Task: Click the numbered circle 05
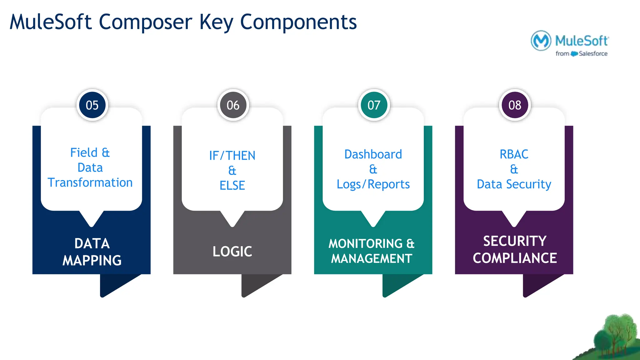92,105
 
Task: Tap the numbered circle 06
233,105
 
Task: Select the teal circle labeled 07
374,105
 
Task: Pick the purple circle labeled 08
515,105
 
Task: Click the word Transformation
90,182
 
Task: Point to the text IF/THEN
232,155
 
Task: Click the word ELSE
232,185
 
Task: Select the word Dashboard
373,154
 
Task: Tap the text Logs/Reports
373,184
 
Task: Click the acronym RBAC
514,154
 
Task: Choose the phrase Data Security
514,184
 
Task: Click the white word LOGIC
232,252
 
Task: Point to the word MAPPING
92,260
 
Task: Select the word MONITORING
366,243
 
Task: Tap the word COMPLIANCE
515,258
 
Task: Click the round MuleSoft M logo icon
541,41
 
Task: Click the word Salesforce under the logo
593,54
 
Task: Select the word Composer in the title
145,22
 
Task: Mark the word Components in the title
298,22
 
